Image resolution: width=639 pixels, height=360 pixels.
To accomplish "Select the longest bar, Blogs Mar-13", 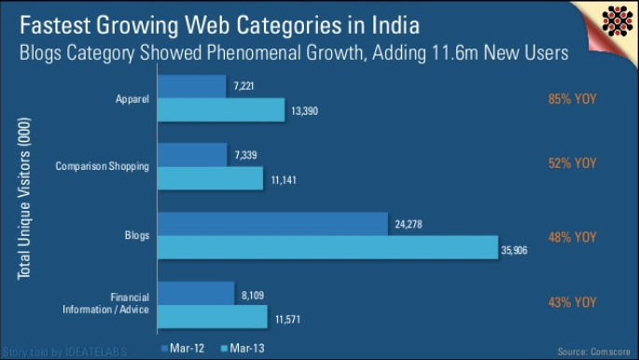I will [x=327, y=247].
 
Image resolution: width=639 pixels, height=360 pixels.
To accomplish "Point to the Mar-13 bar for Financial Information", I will [x=214, y=316].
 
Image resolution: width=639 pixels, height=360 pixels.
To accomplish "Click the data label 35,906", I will [x=514, y=250].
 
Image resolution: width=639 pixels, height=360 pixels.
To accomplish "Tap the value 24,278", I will [x=407, y=224].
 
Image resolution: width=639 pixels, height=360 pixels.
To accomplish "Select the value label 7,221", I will [x=243, y=87].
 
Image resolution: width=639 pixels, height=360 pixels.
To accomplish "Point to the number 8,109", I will [x=251, y=294].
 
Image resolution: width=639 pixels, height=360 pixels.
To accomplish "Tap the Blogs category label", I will [x=137, y=236].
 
